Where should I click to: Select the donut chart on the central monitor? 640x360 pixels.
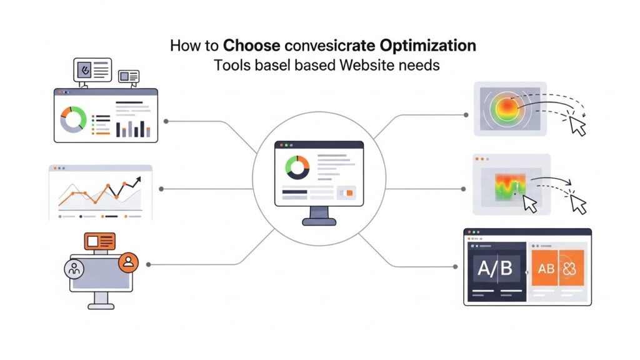(297, 166)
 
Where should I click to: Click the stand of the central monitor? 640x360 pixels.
(319, 216)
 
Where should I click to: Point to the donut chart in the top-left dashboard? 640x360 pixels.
(74, 118)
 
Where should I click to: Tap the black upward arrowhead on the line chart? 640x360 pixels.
(136, 180)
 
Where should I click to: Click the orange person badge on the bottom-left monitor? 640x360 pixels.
(129, 263)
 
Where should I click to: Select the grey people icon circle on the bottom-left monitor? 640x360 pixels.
(74, 270)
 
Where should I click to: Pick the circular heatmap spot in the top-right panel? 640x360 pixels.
(507, 107)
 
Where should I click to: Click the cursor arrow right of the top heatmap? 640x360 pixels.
(577, 125)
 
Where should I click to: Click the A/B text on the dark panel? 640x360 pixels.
(494, 268)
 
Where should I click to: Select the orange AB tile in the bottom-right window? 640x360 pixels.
(557, 268)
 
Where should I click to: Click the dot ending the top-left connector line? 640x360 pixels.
(165, 121)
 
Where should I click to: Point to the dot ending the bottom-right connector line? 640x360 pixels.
(455, 266)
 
